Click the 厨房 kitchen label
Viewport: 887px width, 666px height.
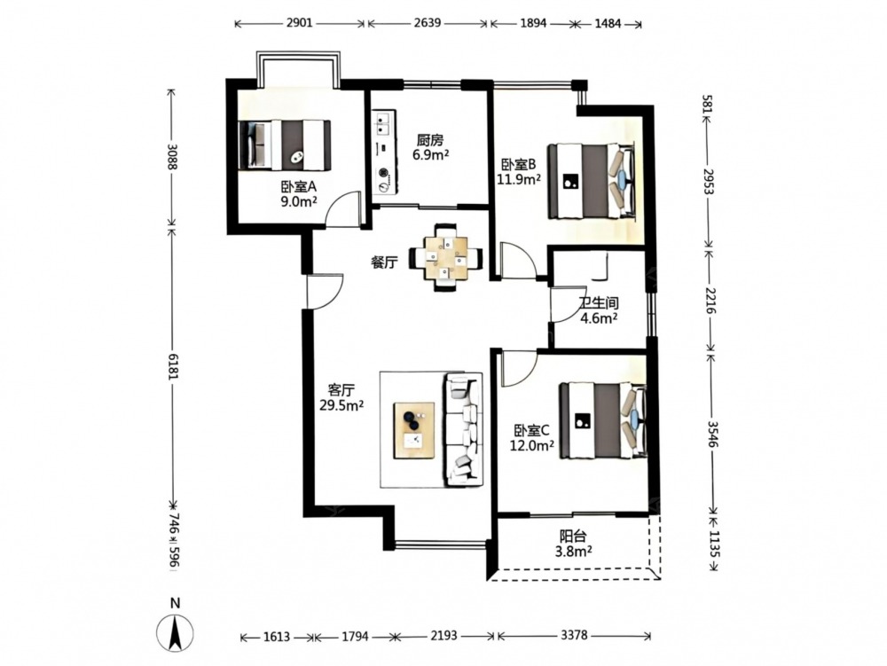[430, 140]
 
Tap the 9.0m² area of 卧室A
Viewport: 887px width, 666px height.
[299, 201]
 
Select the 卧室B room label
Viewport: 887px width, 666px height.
[518, 165]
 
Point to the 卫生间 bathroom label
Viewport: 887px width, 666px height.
[598, 303]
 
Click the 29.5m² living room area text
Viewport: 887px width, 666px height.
[341, 404]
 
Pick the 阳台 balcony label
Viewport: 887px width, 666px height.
[572, 536]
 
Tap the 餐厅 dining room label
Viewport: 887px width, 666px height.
[384, 262]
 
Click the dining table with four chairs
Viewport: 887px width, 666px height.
[447, 258]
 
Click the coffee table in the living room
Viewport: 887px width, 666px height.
[414, 430]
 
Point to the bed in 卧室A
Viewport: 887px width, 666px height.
[285, 145]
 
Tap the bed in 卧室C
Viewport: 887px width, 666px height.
[603, 420]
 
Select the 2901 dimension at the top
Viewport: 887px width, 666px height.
[299, 23]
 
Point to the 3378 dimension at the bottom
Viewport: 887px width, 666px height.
[574, 636]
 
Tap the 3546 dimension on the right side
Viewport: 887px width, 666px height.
[711, 434]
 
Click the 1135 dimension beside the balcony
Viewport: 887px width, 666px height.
[713, 544]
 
